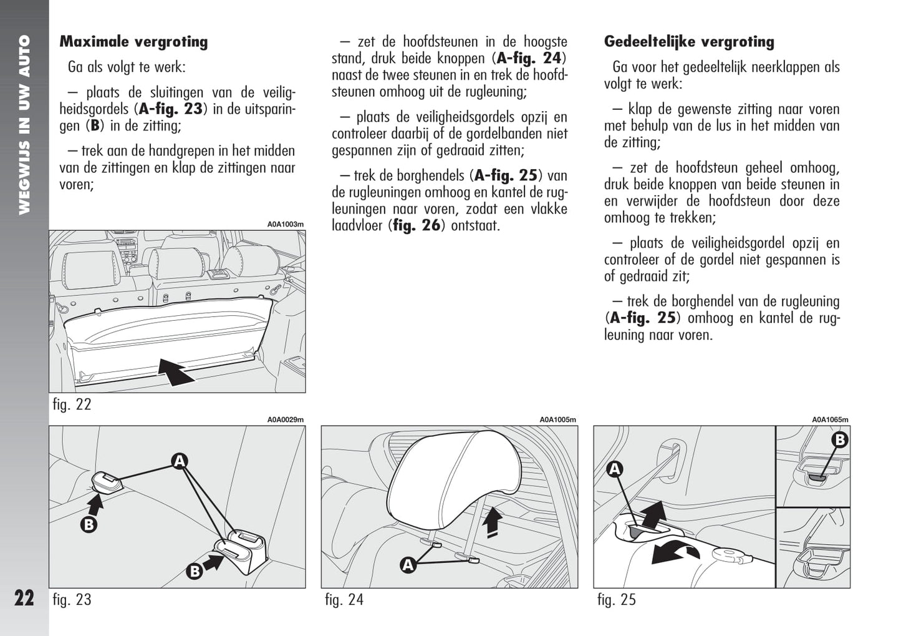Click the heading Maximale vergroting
pos(133,42)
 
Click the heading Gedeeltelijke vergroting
pos(689,42)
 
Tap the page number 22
pos(24,598)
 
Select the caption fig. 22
pos(72,404)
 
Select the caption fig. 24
pos(344,600)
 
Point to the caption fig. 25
pos(616,600)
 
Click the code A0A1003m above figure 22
pos(286,224)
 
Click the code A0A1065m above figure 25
pos(830,420)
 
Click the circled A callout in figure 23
pos(180,461)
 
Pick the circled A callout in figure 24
pos(408,565)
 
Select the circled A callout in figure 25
pos(615,469)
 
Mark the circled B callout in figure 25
pos(840,440)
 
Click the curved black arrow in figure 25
pos(675,552)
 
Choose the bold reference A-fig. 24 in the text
pos(529,59)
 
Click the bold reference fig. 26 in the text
pos(417,226)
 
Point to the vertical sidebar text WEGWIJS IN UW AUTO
pos(24,125)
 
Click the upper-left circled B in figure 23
pos(89,524)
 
